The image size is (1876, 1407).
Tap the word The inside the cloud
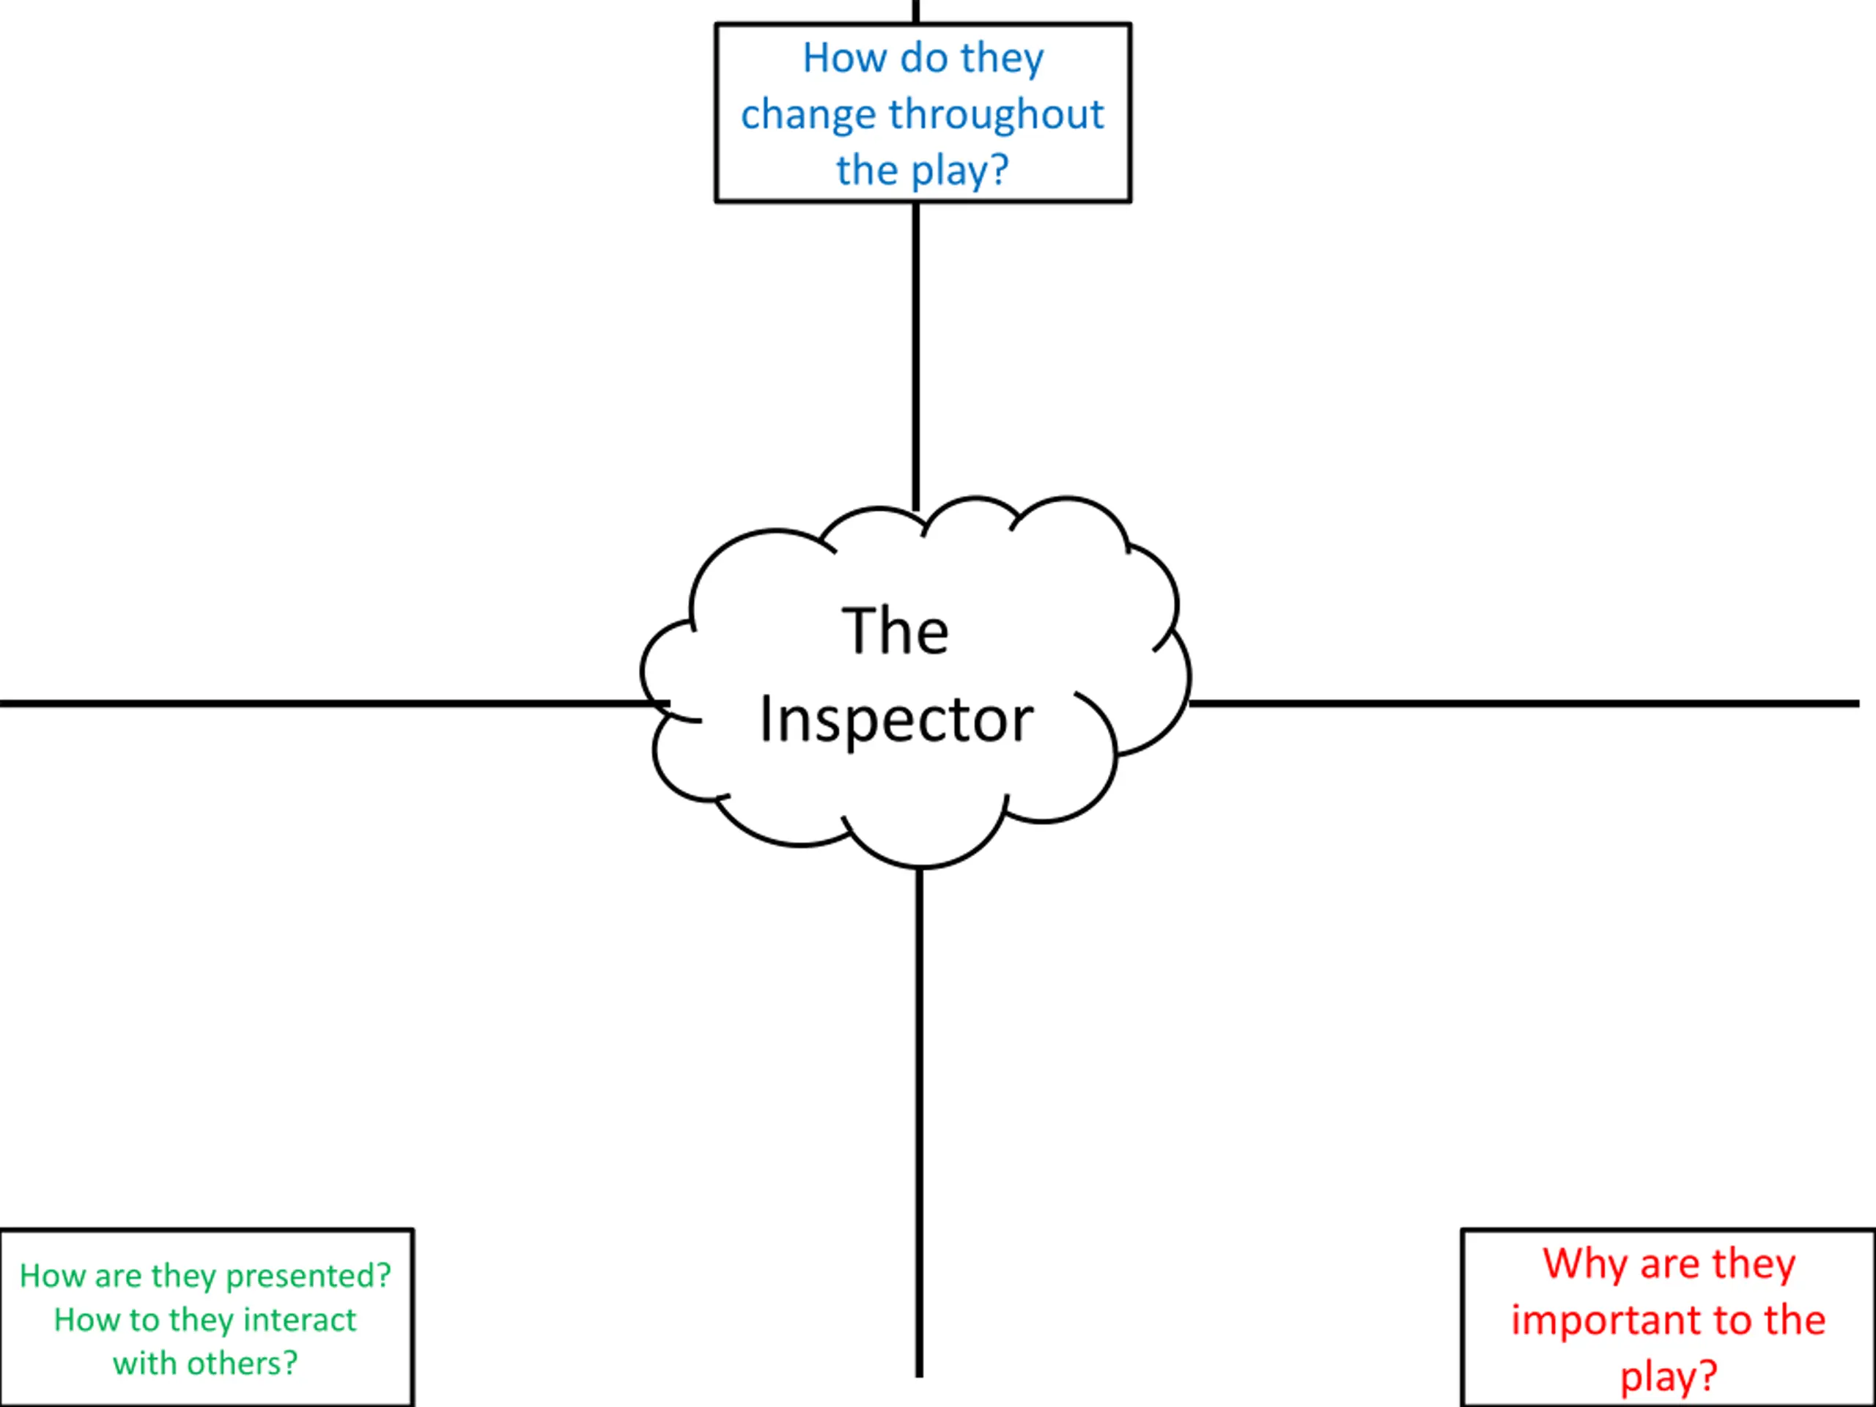[x=895, y=631]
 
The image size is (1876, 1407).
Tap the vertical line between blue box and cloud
[x=916, y=357]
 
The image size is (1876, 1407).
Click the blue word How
[x=845, y=58]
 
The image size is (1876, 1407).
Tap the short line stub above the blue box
[x=916, y=12]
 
